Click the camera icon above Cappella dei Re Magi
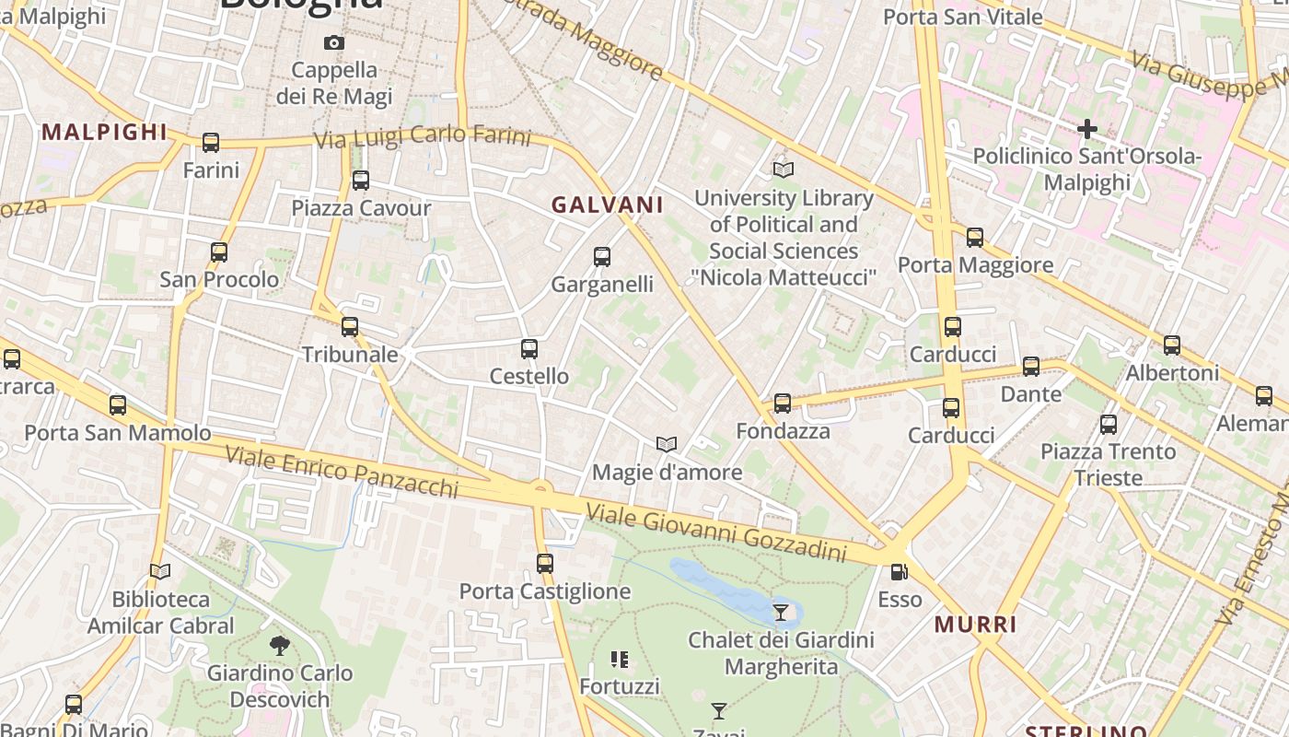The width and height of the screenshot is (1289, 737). coord(334,42)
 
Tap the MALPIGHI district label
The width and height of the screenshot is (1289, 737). coord(104,132)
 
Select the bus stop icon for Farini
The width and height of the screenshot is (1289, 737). coord(211,143)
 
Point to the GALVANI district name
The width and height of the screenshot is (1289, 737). coord(608,205)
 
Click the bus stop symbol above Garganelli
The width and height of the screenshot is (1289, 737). coord(602,257)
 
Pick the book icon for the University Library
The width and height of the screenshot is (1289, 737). coord(784,170)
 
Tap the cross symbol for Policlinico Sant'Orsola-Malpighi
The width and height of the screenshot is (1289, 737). coord(1087,129)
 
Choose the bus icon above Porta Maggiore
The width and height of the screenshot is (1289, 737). coord(975,238)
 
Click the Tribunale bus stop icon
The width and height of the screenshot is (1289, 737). coord(350,327)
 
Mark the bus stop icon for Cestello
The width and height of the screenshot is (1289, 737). coord(529,349)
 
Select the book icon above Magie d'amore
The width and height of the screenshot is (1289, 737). coord(667,445)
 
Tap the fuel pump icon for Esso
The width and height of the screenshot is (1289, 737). coord(900,572)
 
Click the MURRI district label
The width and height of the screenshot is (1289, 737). coord(976,625)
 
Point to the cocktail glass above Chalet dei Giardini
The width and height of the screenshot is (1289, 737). coord(781,612)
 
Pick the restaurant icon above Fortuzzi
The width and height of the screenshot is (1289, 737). coord(620,660)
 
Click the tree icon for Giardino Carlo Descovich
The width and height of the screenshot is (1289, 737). coord(280,646)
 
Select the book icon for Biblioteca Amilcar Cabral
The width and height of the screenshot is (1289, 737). coord(160,572)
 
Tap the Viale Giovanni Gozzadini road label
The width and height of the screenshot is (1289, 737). coord(716,532)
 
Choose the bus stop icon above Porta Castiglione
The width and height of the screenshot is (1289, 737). coord(545,564)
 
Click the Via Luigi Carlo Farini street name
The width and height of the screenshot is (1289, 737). coord(423,137)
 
